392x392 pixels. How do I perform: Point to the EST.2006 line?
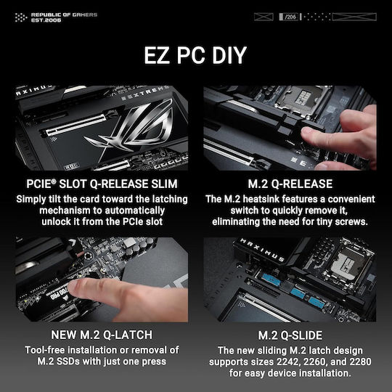52,20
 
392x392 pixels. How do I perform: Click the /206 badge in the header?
290,15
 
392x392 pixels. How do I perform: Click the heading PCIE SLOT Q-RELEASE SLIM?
101,184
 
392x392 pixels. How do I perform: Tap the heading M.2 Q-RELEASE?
290,184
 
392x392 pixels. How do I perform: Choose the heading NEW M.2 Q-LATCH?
101,334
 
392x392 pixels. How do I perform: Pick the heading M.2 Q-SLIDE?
290,334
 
